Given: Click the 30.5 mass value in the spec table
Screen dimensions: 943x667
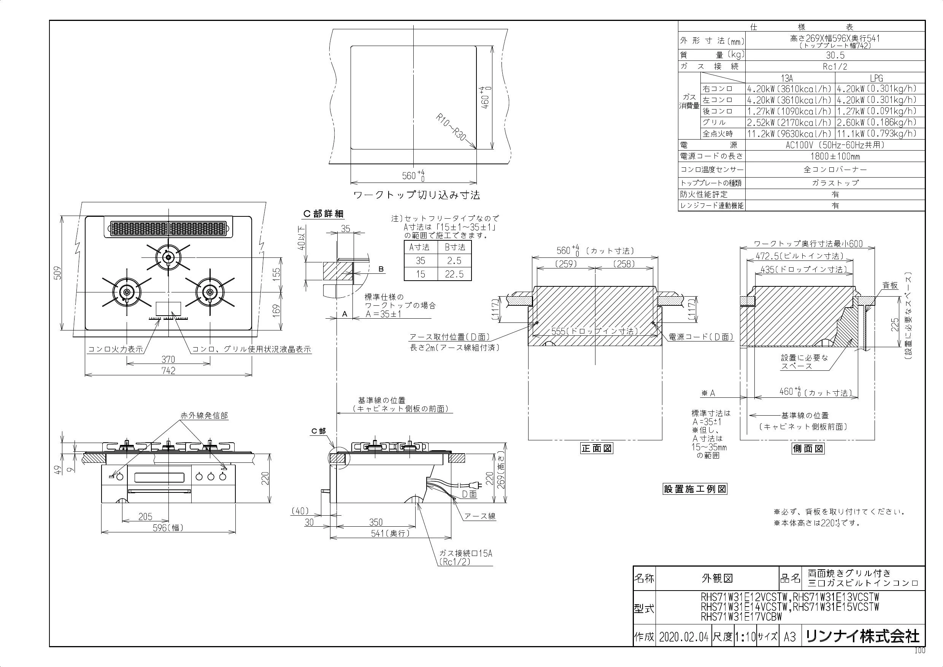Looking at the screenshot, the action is click(x=835, y=55).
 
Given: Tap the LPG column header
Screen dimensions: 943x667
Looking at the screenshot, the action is click(x=876, y=78).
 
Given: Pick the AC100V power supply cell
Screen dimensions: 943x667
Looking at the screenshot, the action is click(x=835, y=145).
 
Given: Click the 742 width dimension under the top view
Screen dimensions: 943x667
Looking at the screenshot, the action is click(x=168, y=370).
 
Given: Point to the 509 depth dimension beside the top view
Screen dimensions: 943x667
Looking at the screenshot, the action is click(x=58, y=273).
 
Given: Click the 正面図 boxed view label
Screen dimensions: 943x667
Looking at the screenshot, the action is click(x=596, y=448).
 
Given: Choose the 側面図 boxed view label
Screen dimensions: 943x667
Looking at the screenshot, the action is click(x=808, y=448).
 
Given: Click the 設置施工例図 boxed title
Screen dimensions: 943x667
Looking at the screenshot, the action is click(x=695, y=489).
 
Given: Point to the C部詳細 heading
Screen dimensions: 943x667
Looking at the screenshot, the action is click(x=323, y=214).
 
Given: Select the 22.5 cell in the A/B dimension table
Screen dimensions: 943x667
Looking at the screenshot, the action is click(x=454, y=274).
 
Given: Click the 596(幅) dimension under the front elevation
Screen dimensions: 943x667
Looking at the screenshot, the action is click(x=168, y=528).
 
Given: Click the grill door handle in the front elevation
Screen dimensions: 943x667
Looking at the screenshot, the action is click(x=160, y=491).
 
